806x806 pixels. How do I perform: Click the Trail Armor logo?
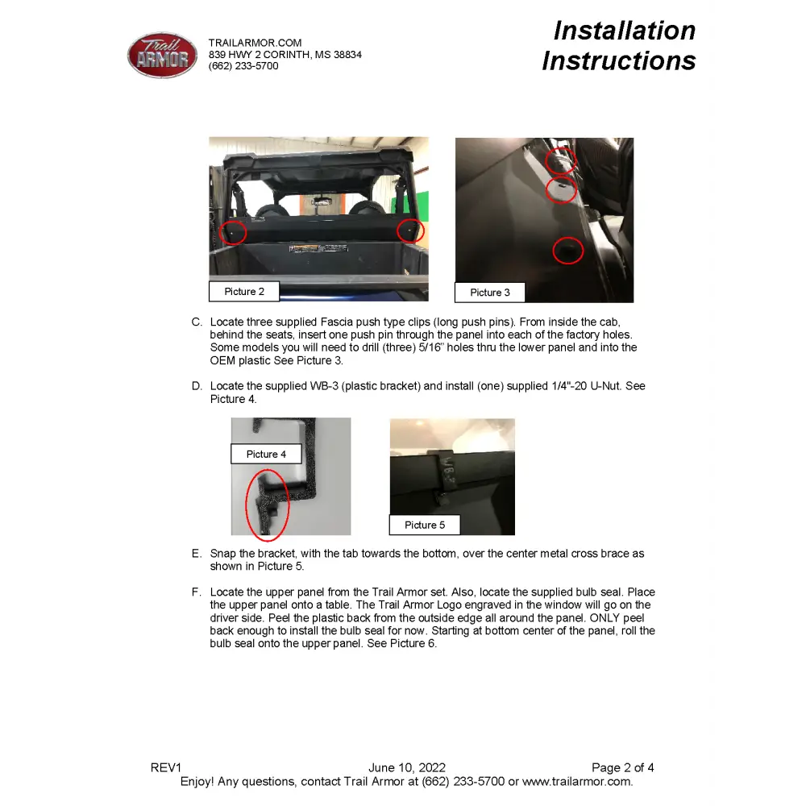[x=162, y=56]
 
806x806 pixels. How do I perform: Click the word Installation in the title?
[x=624, y=31]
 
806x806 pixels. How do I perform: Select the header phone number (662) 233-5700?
[x=243, y=66]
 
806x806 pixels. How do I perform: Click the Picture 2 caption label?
[x=244, y=292]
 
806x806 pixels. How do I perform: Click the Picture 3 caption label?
[x=490, y=293]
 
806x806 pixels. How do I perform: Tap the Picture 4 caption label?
[x=266, y=455]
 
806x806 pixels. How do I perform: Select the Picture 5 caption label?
[x=425, y=526]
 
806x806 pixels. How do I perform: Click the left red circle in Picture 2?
[x=233, y=232]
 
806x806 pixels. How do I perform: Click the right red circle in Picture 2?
[x=410, y=231]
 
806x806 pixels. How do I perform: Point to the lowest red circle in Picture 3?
[x=568, y=251]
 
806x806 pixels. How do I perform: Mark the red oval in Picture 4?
[x=267, y=505]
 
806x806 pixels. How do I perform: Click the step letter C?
[x=197, y=322]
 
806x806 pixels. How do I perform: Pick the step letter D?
[x=197, y=387]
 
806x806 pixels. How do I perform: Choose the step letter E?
[x=197, y=555]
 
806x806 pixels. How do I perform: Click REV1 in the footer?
[x=167, y=768]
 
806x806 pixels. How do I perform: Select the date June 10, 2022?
[x=407, y=768]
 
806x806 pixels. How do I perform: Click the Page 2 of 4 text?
[x=623, y=768]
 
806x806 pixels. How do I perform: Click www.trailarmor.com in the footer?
[x=577, y=782]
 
